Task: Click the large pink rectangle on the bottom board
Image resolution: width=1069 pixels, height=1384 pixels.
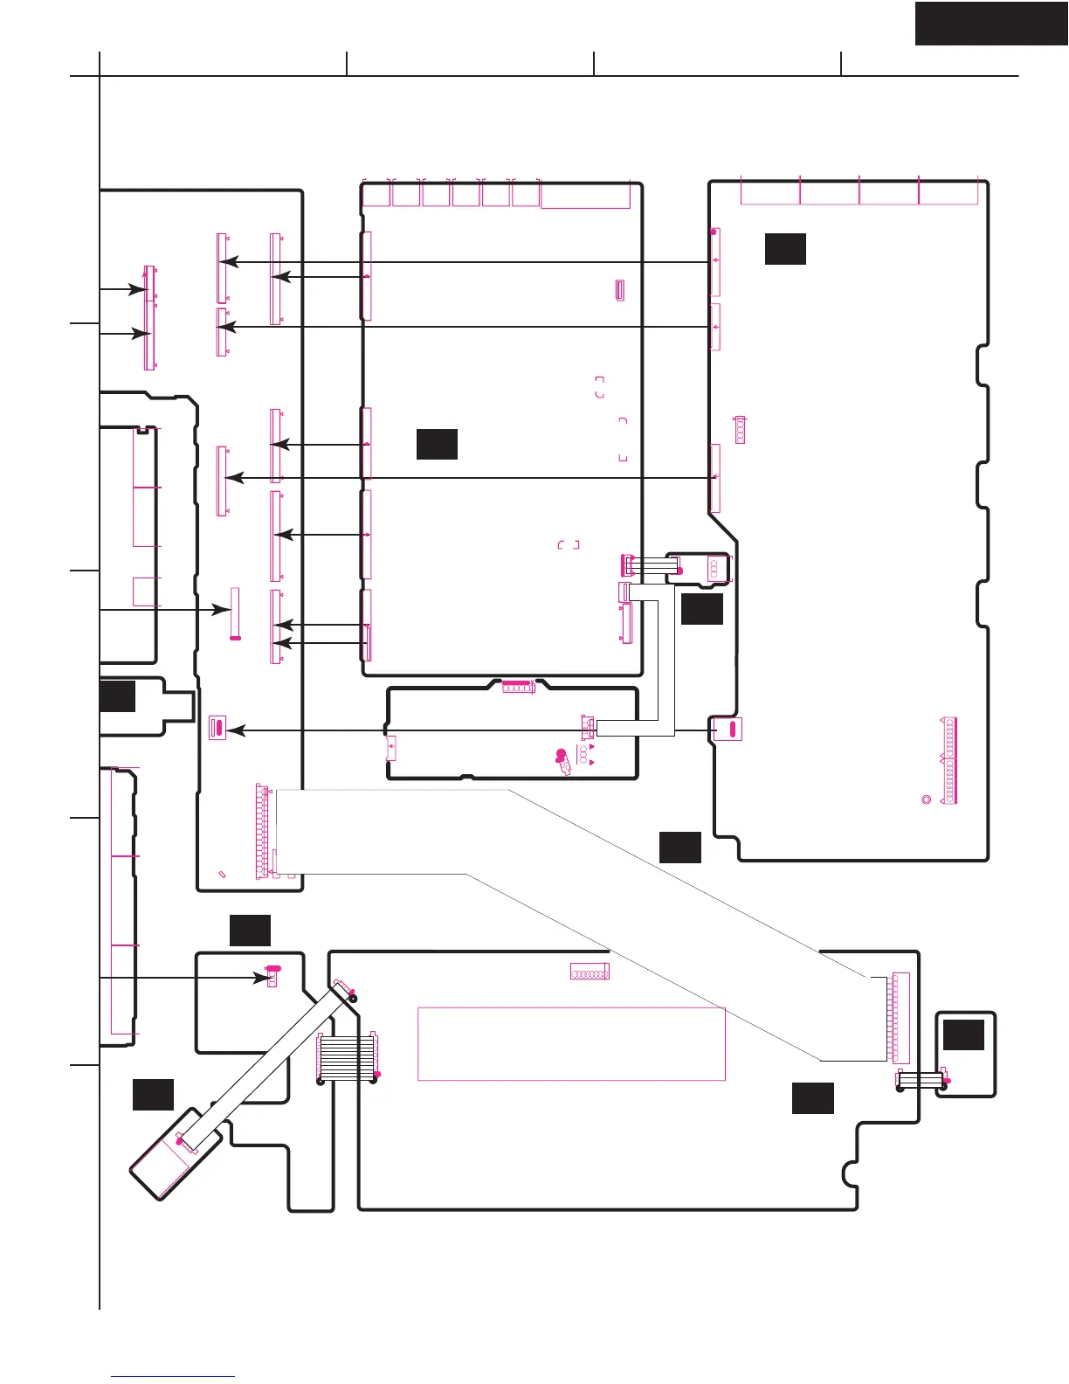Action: point(571,1043)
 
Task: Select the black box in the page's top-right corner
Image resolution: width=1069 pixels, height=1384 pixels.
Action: point(991,23)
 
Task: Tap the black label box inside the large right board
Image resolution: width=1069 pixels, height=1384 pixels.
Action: point(785,248)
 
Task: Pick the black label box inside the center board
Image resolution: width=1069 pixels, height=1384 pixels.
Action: point(437,444)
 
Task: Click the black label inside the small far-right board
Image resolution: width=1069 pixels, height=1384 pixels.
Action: point(964,1035)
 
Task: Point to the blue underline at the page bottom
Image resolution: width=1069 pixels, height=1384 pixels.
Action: point(173,1377)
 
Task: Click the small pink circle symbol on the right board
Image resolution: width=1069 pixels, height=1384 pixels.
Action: point(926,799)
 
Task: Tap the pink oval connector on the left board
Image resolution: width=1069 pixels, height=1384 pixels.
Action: point(217,726)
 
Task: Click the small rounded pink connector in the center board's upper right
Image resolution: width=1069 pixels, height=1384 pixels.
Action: point(619,291)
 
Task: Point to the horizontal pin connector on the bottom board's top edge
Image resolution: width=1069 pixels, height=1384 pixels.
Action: point(590,972)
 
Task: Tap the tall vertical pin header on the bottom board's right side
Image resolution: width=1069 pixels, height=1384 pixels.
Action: point(900,1017)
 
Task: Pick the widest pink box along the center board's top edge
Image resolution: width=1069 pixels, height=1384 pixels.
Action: point(585,195)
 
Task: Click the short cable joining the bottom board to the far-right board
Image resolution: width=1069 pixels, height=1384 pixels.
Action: point(921,1081)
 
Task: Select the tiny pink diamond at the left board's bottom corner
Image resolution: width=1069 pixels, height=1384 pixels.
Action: point(222,874)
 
